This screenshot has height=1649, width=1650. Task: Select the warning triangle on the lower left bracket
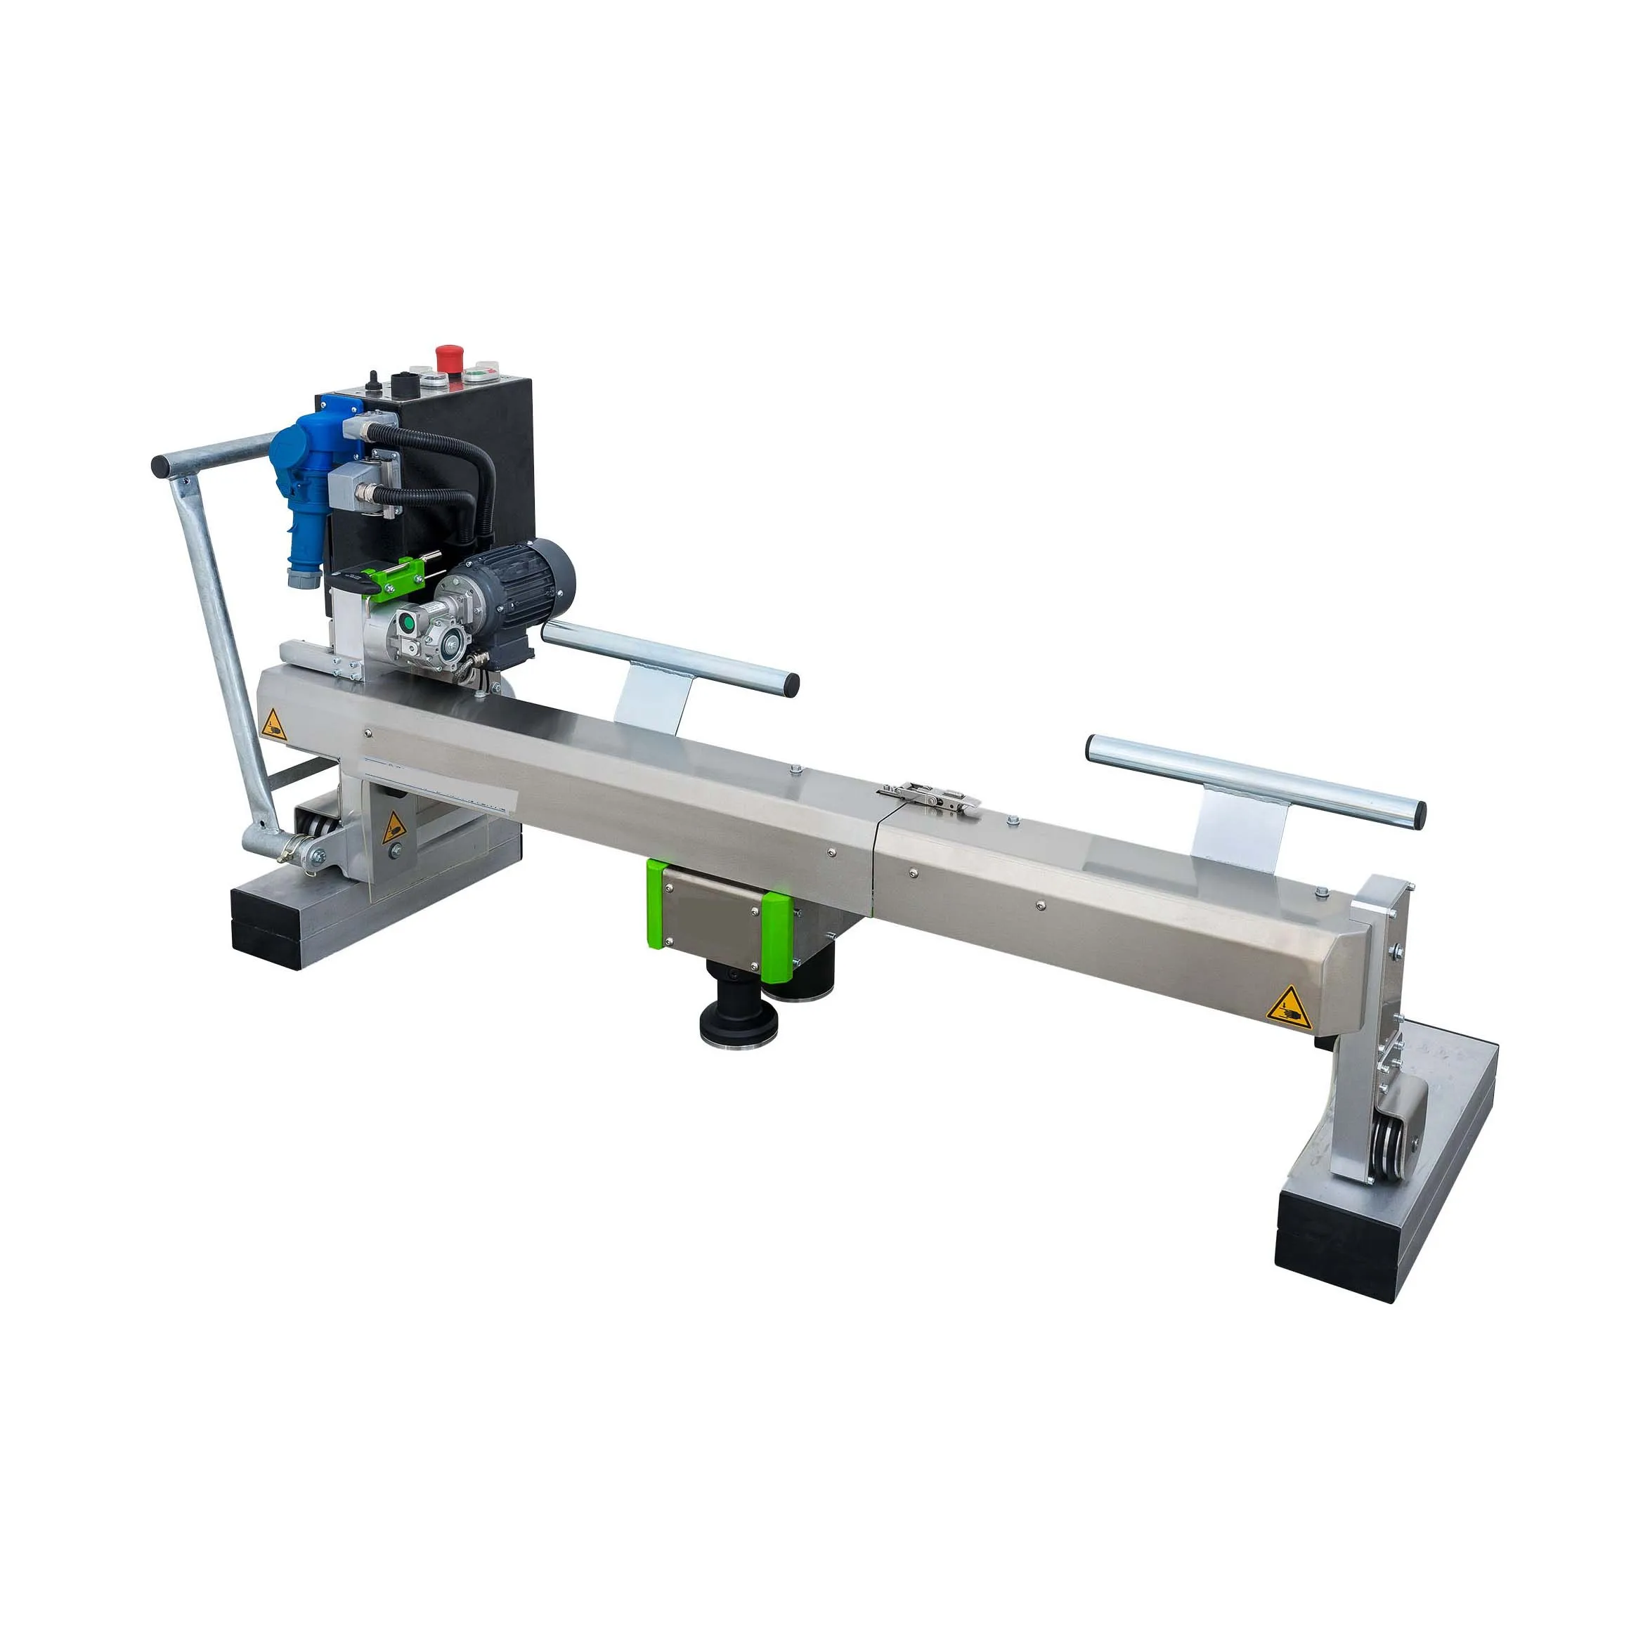(393, 826)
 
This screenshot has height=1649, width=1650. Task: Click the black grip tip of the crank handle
(160, 467)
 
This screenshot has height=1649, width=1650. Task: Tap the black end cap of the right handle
(1417, 813)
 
